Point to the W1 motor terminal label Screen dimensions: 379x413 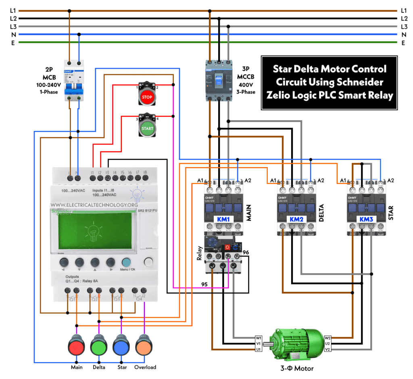click(259, 338)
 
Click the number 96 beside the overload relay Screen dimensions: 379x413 click(246, 252)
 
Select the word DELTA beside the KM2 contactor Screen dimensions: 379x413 click(321, 212)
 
